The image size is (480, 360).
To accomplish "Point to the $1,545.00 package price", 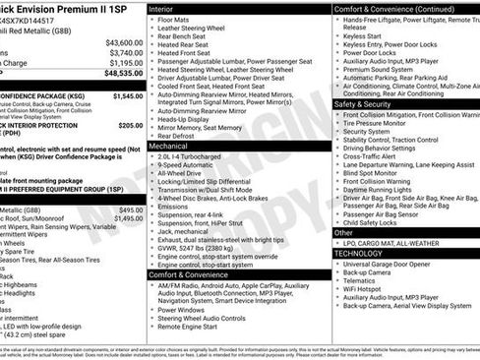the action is [128, 97].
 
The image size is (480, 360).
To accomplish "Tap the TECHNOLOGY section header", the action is [358, 253].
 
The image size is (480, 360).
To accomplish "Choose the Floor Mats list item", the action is [174, 20].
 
